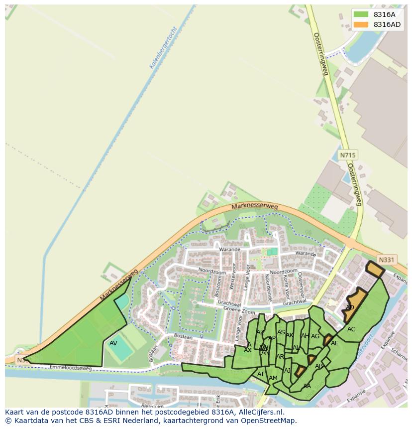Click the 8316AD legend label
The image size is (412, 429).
click(387, 24)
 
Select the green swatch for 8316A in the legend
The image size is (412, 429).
click(361, 14)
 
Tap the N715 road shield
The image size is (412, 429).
click(347, 155)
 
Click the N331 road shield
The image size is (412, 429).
click(386, 260)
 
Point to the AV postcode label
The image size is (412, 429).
click(113, 343)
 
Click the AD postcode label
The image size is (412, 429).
click(350, 307)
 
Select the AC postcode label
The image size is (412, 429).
click(351, 329)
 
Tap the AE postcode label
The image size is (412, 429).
click(335, 343)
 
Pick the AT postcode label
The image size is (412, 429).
click(261, 374)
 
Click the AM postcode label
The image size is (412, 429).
click(273, 378)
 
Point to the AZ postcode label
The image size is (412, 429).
click(260, 332)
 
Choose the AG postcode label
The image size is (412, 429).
click(315, 336)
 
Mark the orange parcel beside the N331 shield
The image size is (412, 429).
click(375, 269)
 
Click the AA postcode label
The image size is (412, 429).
click(307, 386)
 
